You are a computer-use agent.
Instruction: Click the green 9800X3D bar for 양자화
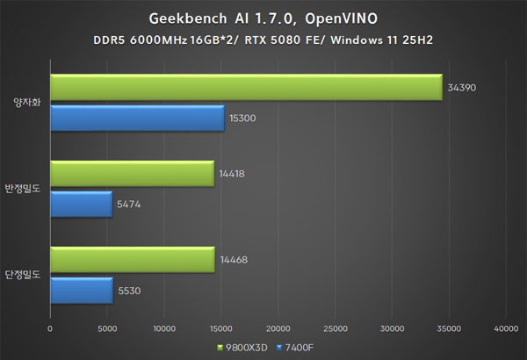tap(246, 87)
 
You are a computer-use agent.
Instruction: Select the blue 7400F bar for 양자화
tap(137, 117)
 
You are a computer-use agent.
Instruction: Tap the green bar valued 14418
tap(132, 174)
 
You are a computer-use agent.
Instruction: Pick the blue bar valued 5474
tap(81, 204)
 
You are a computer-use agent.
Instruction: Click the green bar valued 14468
tap(132, 259)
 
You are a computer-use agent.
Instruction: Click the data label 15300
tap(242, 118)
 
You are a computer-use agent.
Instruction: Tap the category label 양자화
tap(27, 102)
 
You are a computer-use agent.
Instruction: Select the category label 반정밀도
tap(24, 189)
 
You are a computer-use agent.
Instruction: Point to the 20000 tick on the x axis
tap(278, 329)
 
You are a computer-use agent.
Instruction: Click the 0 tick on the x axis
tap(51, 329)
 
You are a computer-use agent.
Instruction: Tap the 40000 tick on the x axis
tap(505, 329)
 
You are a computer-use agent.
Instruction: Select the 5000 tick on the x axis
tap(107, 329)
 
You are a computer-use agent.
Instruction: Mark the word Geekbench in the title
tap(180, 18)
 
